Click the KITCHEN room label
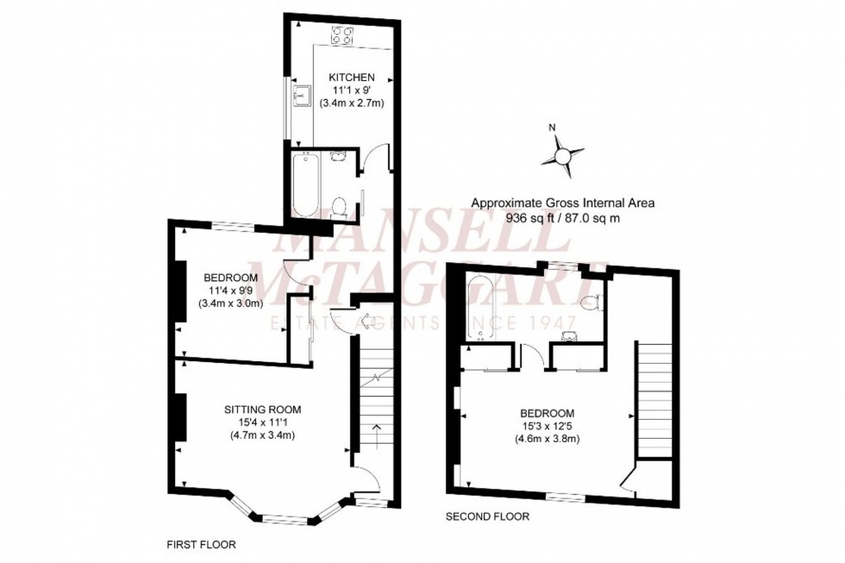tap(352, 78)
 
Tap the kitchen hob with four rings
tap(341, 35)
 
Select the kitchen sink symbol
tap(300, 97)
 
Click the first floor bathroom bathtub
tap(306, 185)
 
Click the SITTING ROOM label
tap(262, 410)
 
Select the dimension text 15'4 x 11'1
tap(262, 422)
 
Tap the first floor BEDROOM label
tap(230, 278)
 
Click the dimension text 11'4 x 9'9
tap(230, 291)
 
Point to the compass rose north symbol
tap(562, 156)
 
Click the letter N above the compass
tap(551, 128)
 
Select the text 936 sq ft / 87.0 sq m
tap(562, 218)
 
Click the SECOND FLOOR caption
tap(487, 516)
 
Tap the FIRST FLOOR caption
tap(201, 545)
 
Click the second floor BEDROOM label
tap(547, 414)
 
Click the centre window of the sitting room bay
tap(287, 519)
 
